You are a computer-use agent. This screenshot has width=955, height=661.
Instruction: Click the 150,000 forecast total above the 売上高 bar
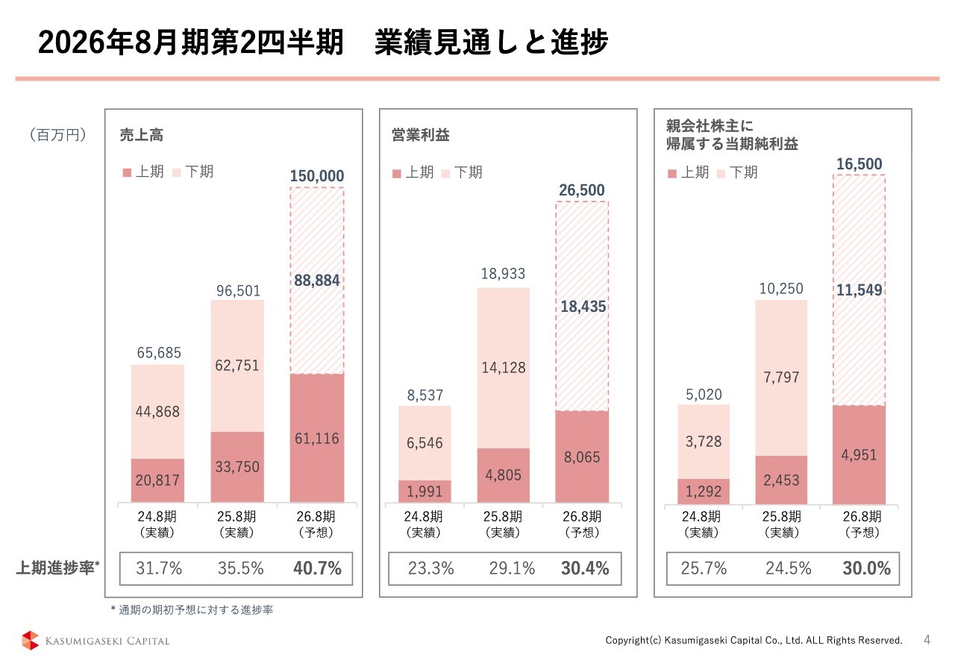click(316, 176)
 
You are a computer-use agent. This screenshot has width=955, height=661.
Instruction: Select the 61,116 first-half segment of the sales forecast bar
click(316, 439)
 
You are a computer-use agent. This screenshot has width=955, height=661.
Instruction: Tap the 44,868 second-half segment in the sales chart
click(157, 412)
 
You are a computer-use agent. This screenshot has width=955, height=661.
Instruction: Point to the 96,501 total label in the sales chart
click(239, 291)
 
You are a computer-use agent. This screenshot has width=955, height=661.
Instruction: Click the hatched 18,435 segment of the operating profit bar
click(582, 307)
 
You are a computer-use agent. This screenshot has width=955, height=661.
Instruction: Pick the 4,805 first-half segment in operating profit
click(504, 475)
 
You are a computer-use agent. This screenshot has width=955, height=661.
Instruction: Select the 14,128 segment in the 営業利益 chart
click(504, 367)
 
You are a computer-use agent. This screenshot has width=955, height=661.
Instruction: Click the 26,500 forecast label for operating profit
click(582, 191)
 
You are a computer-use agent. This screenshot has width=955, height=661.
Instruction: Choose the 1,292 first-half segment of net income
click(704, 492)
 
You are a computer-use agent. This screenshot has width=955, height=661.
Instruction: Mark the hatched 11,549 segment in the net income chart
click(859, 290)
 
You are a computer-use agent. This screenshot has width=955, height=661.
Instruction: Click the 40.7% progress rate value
click(318, 568)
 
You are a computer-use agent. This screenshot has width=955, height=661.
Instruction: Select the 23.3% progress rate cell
click(431, 568)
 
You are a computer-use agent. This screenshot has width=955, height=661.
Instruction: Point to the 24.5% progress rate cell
click(788, 568)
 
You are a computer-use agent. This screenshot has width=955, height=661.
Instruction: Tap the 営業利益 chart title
click(421, 135)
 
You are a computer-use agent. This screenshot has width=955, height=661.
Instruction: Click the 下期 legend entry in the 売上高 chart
click(193, 172)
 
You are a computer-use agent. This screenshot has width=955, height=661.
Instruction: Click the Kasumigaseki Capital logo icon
click(30, 640)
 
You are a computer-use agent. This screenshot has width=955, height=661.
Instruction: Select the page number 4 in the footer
click(927, 639)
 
